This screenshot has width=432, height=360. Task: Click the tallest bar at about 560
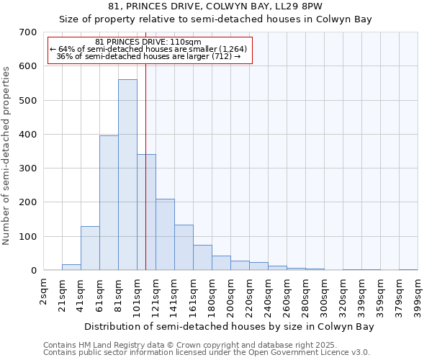[x=127, y=175]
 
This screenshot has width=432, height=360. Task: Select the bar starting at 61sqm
[x=109, y=203]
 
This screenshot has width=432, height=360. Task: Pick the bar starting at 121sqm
[x=165, y=235]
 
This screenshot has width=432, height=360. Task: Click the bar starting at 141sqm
[x=184, y=248]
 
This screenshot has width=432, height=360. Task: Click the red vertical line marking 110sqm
[x=145, y=166]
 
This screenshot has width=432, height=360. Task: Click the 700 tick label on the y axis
[x=28, y=32]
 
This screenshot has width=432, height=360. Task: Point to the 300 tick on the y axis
[x=28, y=168]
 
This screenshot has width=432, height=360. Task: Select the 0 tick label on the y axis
[x=34, y=271]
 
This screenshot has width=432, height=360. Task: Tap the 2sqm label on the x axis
[x=44, y=289]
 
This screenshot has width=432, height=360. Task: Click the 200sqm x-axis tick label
[x=231, y=294]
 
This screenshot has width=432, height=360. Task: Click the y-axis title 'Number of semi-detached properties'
[x=7, y=155]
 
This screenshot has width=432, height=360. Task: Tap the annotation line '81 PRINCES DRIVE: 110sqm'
[x=148, y=42]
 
